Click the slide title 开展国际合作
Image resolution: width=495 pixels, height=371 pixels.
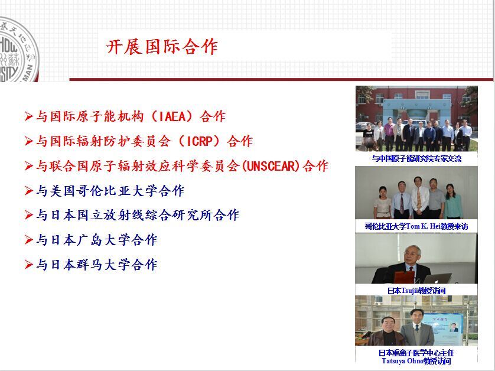coord(162,47)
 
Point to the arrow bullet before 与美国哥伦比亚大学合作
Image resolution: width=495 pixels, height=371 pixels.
coord(29,191)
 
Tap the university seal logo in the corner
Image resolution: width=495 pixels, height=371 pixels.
coord(18,50)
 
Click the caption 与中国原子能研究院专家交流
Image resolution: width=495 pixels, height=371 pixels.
coord(416,158)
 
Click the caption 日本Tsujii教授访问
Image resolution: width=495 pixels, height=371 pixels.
coord(416,291)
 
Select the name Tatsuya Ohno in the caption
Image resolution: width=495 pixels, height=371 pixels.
coord(402,361)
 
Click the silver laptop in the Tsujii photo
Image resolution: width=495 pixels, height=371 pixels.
coord(438,278)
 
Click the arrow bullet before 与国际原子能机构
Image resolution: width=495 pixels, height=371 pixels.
coord(29,116)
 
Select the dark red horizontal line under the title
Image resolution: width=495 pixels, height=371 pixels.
coord(281,79)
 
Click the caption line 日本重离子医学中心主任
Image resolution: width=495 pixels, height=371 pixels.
coord(416,353)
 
